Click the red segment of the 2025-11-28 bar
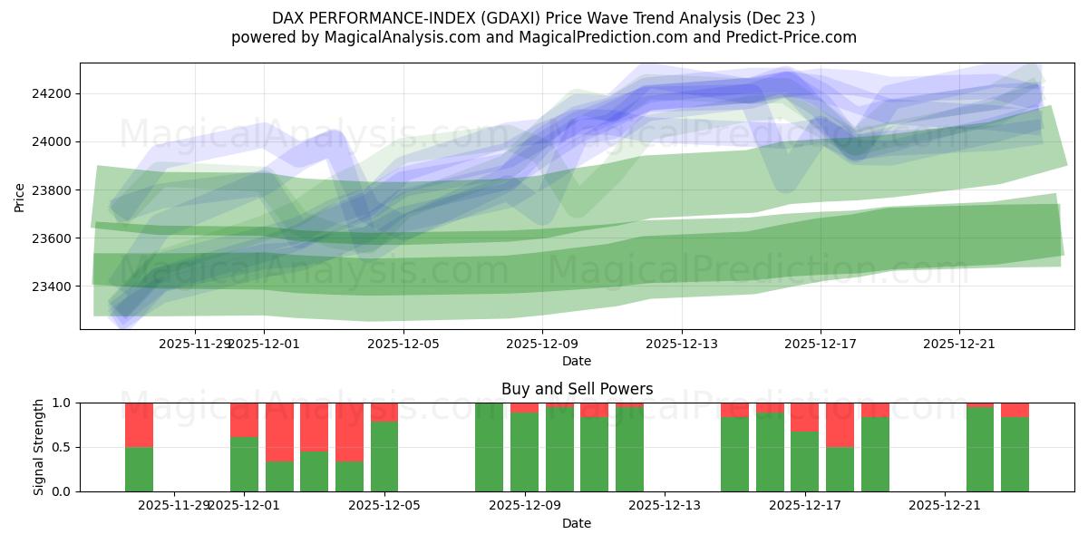(139, 424)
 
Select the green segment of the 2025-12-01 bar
(244, 464)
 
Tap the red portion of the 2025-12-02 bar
(279, 432)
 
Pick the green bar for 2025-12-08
(489, 447)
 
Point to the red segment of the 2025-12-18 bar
(840, 424)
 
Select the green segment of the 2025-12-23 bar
(1015, 454)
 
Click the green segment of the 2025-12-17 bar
(804, 461)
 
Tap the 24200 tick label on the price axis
(53, 94)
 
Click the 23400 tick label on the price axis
(53, 287)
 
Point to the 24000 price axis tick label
(53, 142)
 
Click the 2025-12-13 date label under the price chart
(682, 344)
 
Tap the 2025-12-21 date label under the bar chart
(945, 505)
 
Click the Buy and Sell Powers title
(577, 389)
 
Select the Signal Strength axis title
(38, 447)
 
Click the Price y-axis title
(20, 196)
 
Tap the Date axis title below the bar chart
(577, 523)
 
